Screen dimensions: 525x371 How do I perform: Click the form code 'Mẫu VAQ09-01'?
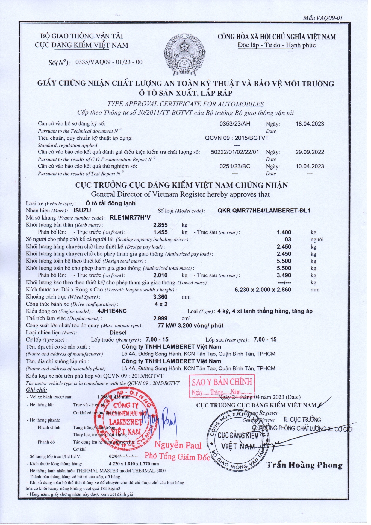point(323,18)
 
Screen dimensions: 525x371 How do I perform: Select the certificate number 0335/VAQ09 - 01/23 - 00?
point(109,62)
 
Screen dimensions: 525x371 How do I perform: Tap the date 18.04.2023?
point(310,124)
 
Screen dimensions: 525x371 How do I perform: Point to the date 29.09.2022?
point(310,152)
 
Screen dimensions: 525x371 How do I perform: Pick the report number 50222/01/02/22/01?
point(235,152)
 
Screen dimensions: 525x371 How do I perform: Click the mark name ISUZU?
point(82,211)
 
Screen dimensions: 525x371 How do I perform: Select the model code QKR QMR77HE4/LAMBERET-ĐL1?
point(264,211)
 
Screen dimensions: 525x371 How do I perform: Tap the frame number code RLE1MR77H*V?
point(130,218)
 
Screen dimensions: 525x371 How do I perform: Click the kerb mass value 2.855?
point(160,225)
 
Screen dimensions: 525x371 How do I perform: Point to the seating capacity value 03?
point(288,240)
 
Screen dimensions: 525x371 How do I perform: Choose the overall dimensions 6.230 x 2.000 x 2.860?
point(263,290)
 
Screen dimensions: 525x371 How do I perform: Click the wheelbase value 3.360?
point(160,297)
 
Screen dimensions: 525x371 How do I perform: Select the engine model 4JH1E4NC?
point(112,311)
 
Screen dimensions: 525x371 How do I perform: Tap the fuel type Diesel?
point(118,333)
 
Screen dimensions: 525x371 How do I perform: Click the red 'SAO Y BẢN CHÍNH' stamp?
point(222,386)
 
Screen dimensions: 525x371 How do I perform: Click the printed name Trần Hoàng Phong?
point(304,465)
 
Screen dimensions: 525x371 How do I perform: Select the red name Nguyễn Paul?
point(178,445)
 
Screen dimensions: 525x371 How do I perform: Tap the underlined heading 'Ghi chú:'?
point(37,390)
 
